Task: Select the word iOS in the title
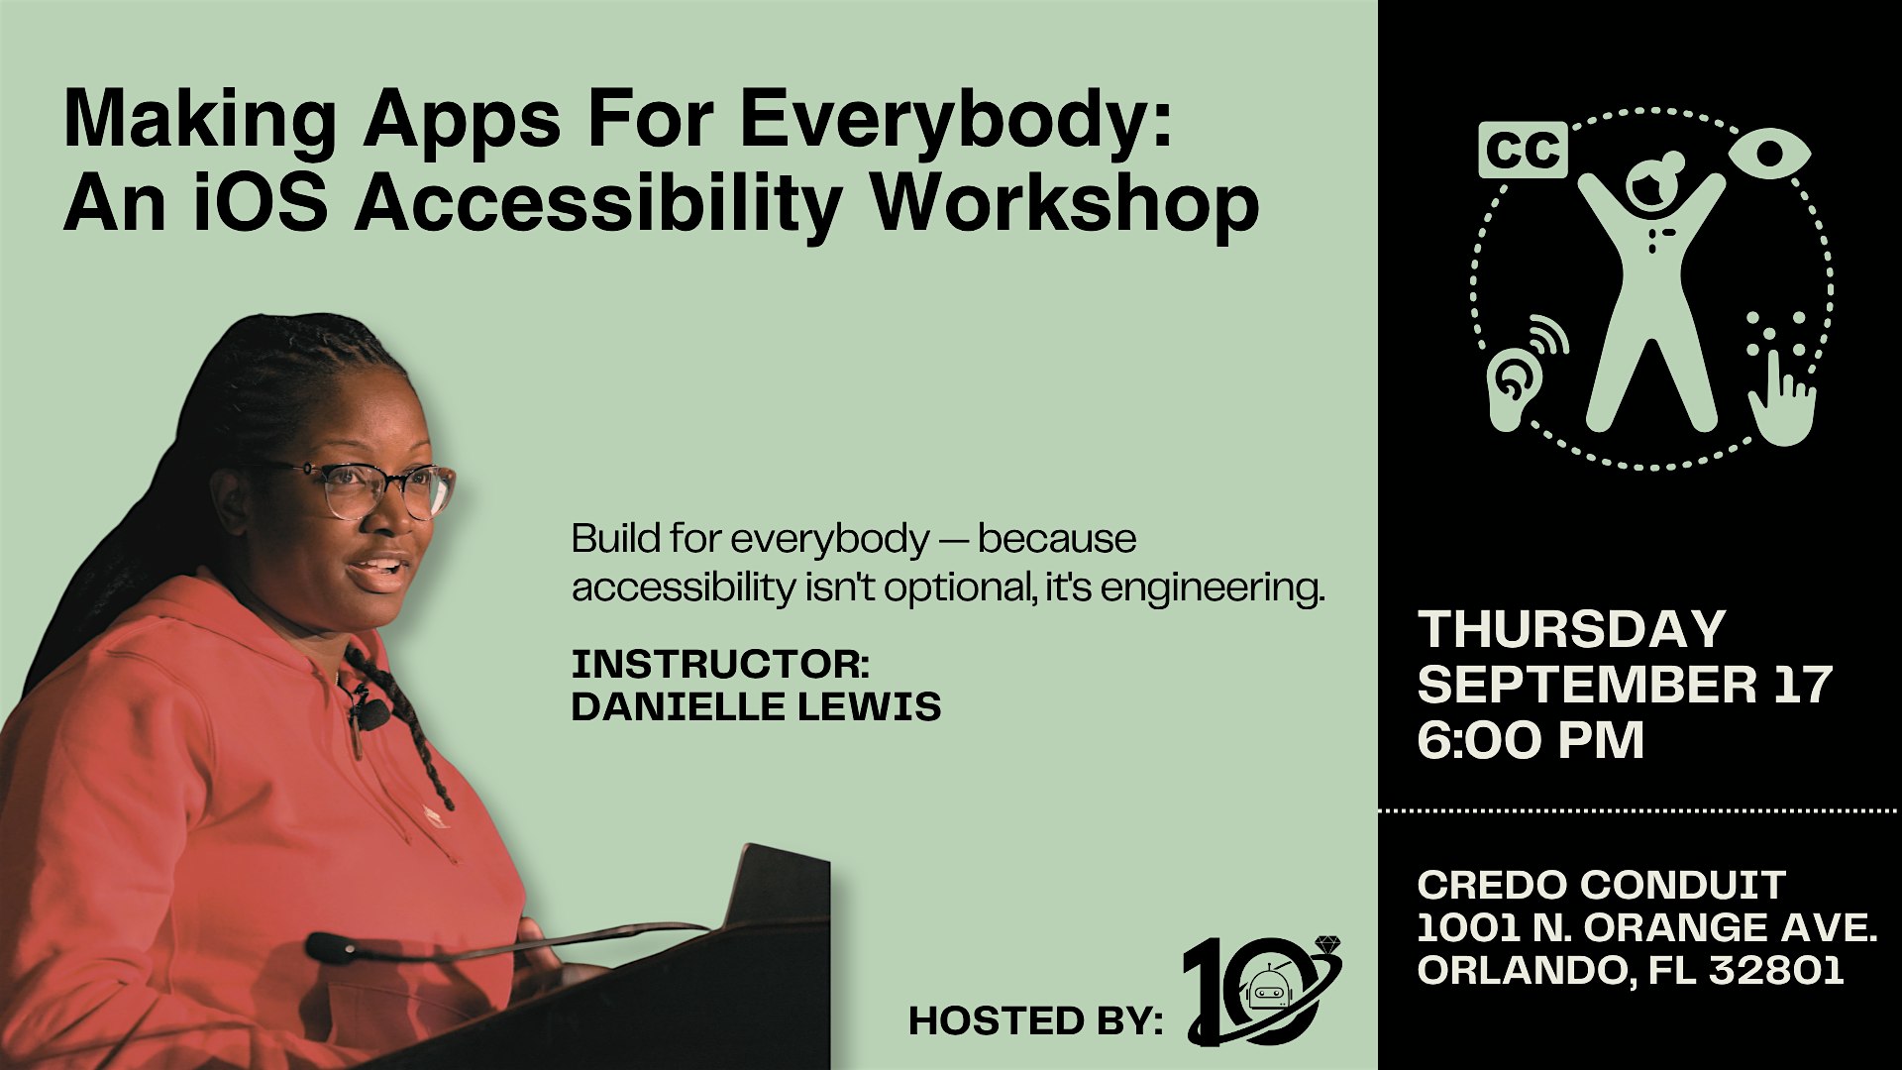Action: [x=260, y=202]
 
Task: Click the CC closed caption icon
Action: [x=1523, y=150]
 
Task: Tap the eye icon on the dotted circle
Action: [x=1769, y=155]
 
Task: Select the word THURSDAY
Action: [x=1572, y=629]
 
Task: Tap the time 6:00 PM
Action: [x=1531, y=740]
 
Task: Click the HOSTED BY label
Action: [x=1035, y=1021]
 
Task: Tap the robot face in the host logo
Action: [x=1267, y=989]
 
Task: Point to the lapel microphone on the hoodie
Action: [x=371, y=711]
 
